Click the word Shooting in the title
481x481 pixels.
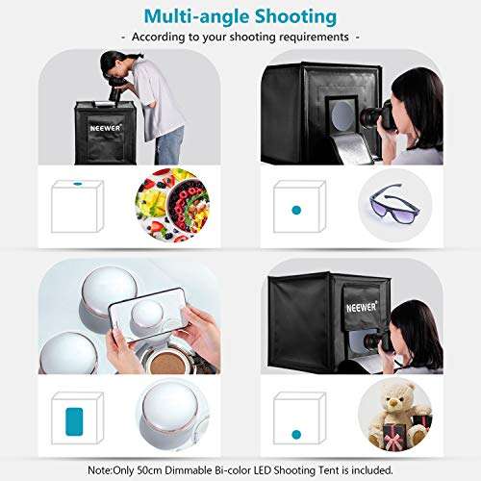pos(290,17)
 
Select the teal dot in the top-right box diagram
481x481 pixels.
pos(297,208)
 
